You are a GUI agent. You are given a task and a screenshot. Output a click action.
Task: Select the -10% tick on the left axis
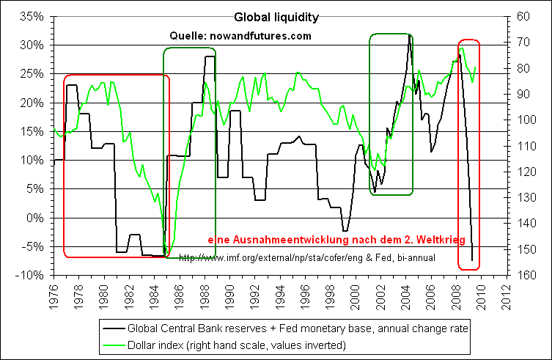click(31, 276)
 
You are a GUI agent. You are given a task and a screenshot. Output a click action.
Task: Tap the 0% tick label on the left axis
click(35, 218)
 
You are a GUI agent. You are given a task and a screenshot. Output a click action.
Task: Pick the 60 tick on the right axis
click(525, 17)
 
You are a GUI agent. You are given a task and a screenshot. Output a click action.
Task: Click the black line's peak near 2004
click(409, 35)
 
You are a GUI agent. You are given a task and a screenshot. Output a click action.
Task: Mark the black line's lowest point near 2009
click(472, 260)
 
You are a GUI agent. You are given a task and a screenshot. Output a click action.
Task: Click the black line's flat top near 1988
click(210, 56)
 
